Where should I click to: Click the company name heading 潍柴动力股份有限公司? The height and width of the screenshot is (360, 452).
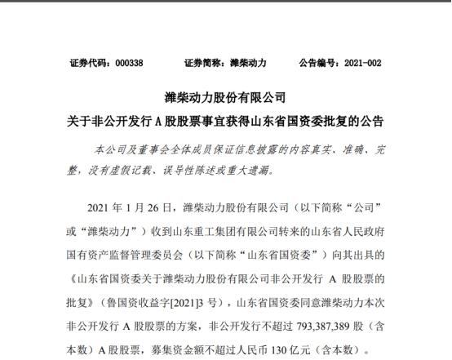click(226, 98)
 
